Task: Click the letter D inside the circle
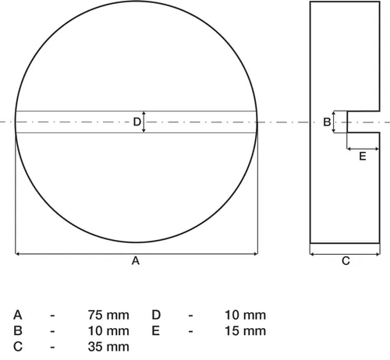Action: tap(137, 122)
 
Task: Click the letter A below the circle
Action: tap(136, 260)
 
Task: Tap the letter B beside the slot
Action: tap(327, 122)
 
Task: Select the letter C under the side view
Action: tap(346, 261)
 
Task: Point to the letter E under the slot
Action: tap(363, 157)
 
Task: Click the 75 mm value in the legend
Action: tap(108, 315)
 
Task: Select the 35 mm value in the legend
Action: tap(108, 347)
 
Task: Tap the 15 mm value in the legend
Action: tap(245, 331)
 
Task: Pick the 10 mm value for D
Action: tap(245, 315)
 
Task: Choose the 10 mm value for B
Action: tap(108, 331)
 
